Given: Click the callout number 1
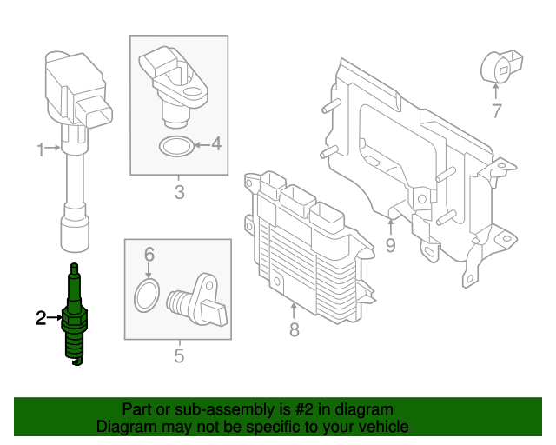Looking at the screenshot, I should click(40, 150).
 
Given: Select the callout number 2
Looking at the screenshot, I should click(40, 318).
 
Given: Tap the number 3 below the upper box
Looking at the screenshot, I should click(179, 192).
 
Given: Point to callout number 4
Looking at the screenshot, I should click(215, 143).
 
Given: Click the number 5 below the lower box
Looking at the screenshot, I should click(179, 355).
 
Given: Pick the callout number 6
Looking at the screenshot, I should click(149, 255).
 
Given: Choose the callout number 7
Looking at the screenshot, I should click(497, 110).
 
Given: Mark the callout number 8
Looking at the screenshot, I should click(294, 329).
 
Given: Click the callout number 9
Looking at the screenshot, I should click(390, 245).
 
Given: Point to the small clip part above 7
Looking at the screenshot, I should click(501, 68).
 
